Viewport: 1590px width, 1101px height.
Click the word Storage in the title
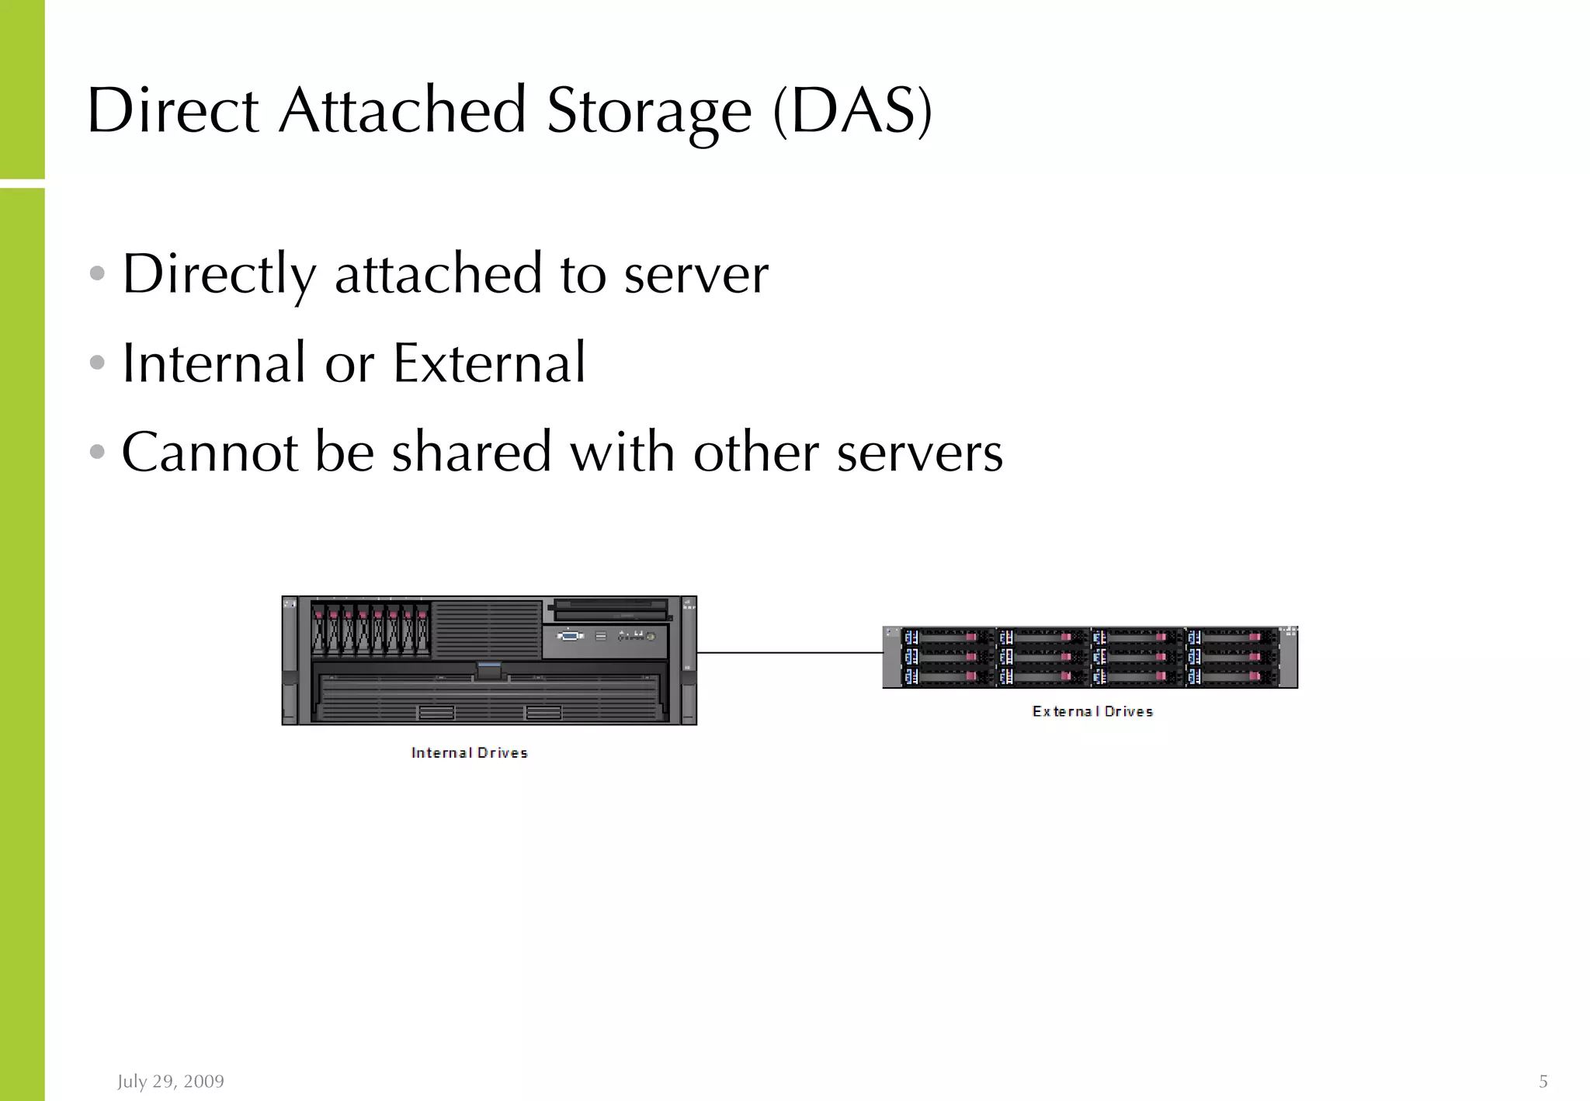649,111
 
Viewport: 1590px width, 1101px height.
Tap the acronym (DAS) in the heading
852,111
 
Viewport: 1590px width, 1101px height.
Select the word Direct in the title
172,111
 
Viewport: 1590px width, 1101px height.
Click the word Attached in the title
402,111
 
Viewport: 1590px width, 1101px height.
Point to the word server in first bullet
696,275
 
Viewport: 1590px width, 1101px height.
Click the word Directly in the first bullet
220,275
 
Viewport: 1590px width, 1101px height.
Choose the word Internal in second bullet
214,363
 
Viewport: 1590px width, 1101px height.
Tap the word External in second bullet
489,363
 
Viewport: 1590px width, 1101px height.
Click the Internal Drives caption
469,752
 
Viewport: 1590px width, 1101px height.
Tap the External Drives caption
1092,711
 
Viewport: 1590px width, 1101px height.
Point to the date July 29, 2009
171,1081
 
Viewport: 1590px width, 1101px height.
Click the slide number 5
1543,1081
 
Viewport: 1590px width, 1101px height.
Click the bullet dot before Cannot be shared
97,451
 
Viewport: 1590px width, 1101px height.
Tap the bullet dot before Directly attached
97,273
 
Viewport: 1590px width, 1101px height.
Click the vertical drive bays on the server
370,629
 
